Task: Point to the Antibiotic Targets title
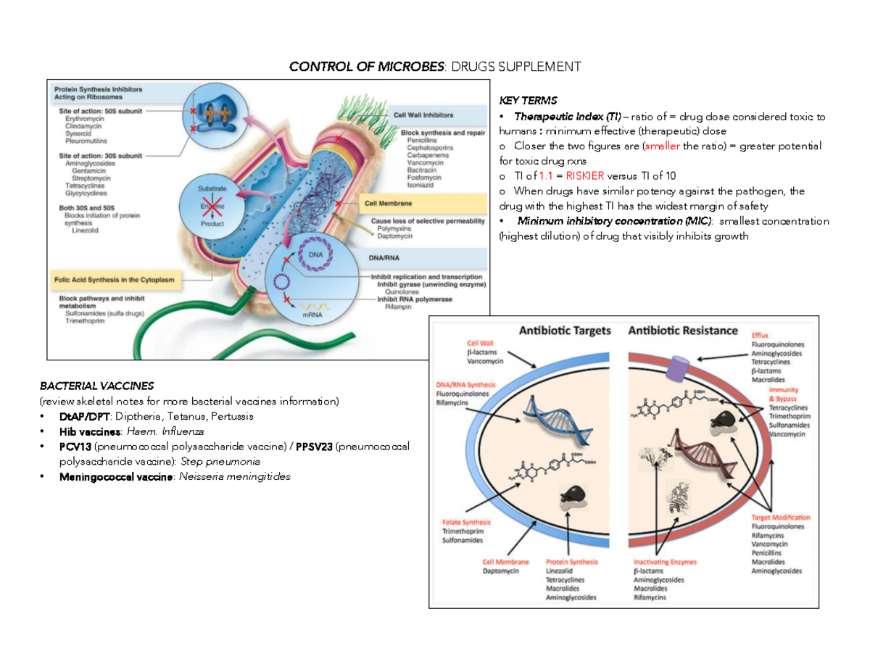point(565,331)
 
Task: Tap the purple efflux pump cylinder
point(679,368)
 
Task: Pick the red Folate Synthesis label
point(466,522)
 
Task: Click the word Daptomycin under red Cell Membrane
point(501,571)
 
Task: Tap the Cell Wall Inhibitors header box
point(423,114)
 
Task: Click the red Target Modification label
point(780,518)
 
